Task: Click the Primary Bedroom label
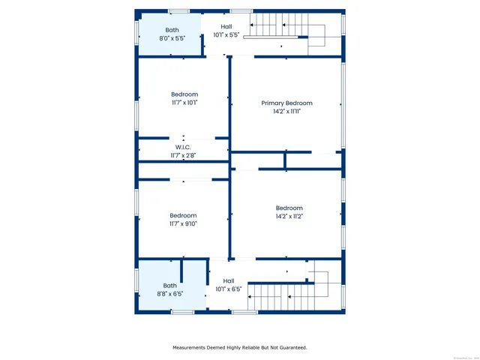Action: pyautogui.click(x=286, y=103)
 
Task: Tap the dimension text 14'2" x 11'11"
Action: pyautogui.click(x=286, y=111)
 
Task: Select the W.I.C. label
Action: pyautogui.click(x=184, y=147)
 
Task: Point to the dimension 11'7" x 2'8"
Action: pyautogui.click(x=184, y=155)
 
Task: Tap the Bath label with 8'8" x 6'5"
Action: pyautogui.click(x=170, y=285)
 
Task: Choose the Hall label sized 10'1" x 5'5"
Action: pyautogui.click(x=226, y=26)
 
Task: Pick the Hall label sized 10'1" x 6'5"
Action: pyautogui.click(x=228, y=280)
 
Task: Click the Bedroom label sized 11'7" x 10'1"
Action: pyautogui.click(x=184, y=94)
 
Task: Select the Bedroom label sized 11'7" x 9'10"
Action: pyautogui.click(x=184, y=214)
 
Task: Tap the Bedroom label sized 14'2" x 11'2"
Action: pyautogui.click(x=289, y=208)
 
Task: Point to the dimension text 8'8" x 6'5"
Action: pyautogui.click(x=170, y=294)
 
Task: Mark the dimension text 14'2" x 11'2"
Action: pyautogui.click(x=289, y=216)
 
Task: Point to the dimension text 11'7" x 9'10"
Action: pyautogui.click(x=184, y=223)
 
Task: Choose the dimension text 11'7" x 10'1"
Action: pyautogui.click(x=184, y=103)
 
